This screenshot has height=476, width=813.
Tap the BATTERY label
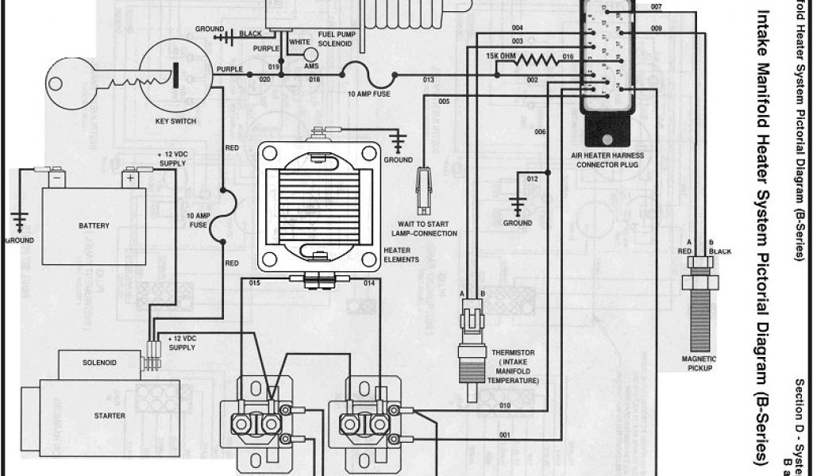tap(94, 226)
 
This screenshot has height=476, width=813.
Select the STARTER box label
tap(109, 415)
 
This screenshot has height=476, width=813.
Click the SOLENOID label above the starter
tap(99, 363)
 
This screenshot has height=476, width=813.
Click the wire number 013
tap(428, 80)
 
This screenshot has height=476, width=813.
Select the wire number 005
tap(444, 102)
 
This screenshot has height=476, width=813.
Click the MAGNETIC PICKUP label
tap(699, 363)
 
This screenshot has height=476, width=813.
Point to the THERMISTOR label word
tap(513, 352)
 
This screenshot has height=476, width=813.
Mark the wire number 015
tap(256, 282)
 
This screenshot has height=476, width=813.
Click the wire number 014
tap(369, 282)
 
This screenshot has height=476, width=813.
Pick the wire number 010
tap(505, 405)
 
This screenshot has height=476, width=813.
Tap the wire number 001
tap(504, 434)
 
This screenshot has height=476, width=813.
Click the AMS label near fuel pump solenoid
tap(311, 67)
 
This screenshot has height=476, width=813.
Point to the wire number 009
tap(656, 29)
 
